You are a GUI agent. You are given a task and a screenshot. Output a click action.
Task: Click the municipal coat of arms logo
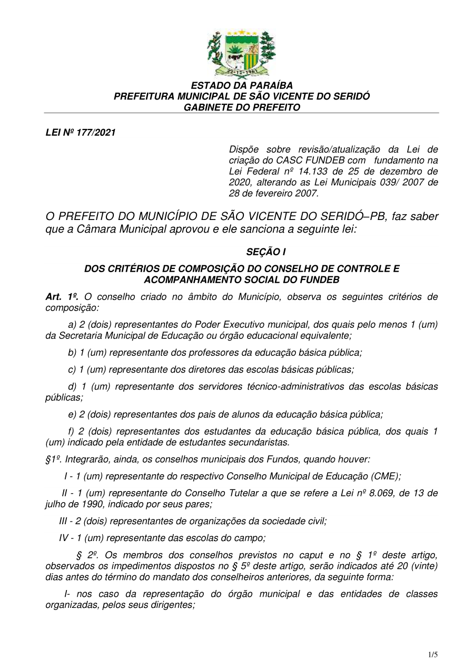[x=241, y=54]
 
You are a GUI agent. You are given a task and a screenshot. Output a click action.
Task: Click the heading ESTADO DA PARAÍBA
[x=242, y=85]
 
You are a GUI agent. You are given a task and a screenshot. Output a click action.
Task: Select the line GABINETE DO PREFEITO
[x=242, y=107]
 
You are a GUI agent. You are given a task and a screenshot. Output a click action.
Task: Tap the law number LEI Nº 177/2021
[x=81, y=133]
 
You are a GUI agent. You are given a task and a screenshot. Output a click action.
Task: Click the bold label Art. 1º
[x=62, y=297]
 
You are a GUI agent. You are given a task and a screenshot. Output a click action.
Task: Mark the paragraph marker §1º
[x=53, y=459]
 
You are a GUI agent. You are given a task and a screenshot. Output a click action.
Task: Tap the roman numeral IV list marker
[x=64, y=538]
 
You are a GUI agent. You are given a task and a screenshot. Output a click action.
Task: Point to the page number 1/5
[x=433, y=655]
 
